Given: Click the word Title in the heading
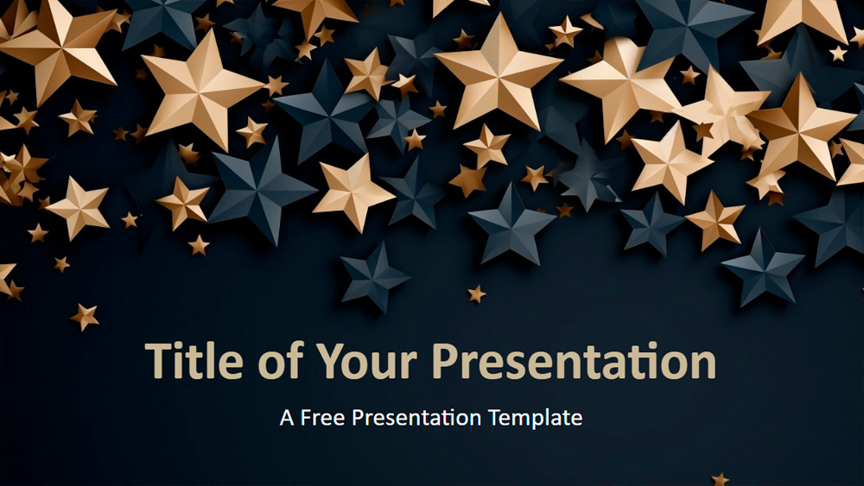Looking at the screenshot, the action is (x=194, y=361).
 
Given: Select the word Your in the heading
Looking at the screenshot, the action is (x=369, y=361).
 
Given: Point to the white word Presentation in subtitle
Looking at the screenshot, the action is (x=416, y=418).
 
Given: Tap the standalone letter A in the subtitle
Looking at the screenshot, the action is (x=287, y=418).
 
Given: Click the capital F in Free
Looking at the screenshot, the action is (x=306, y=418).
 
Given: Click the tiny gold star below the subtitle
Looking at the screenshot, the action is (x=720, y=479).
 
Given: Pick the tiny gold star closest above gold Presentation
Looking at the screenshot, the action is (x=477, y=293).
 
